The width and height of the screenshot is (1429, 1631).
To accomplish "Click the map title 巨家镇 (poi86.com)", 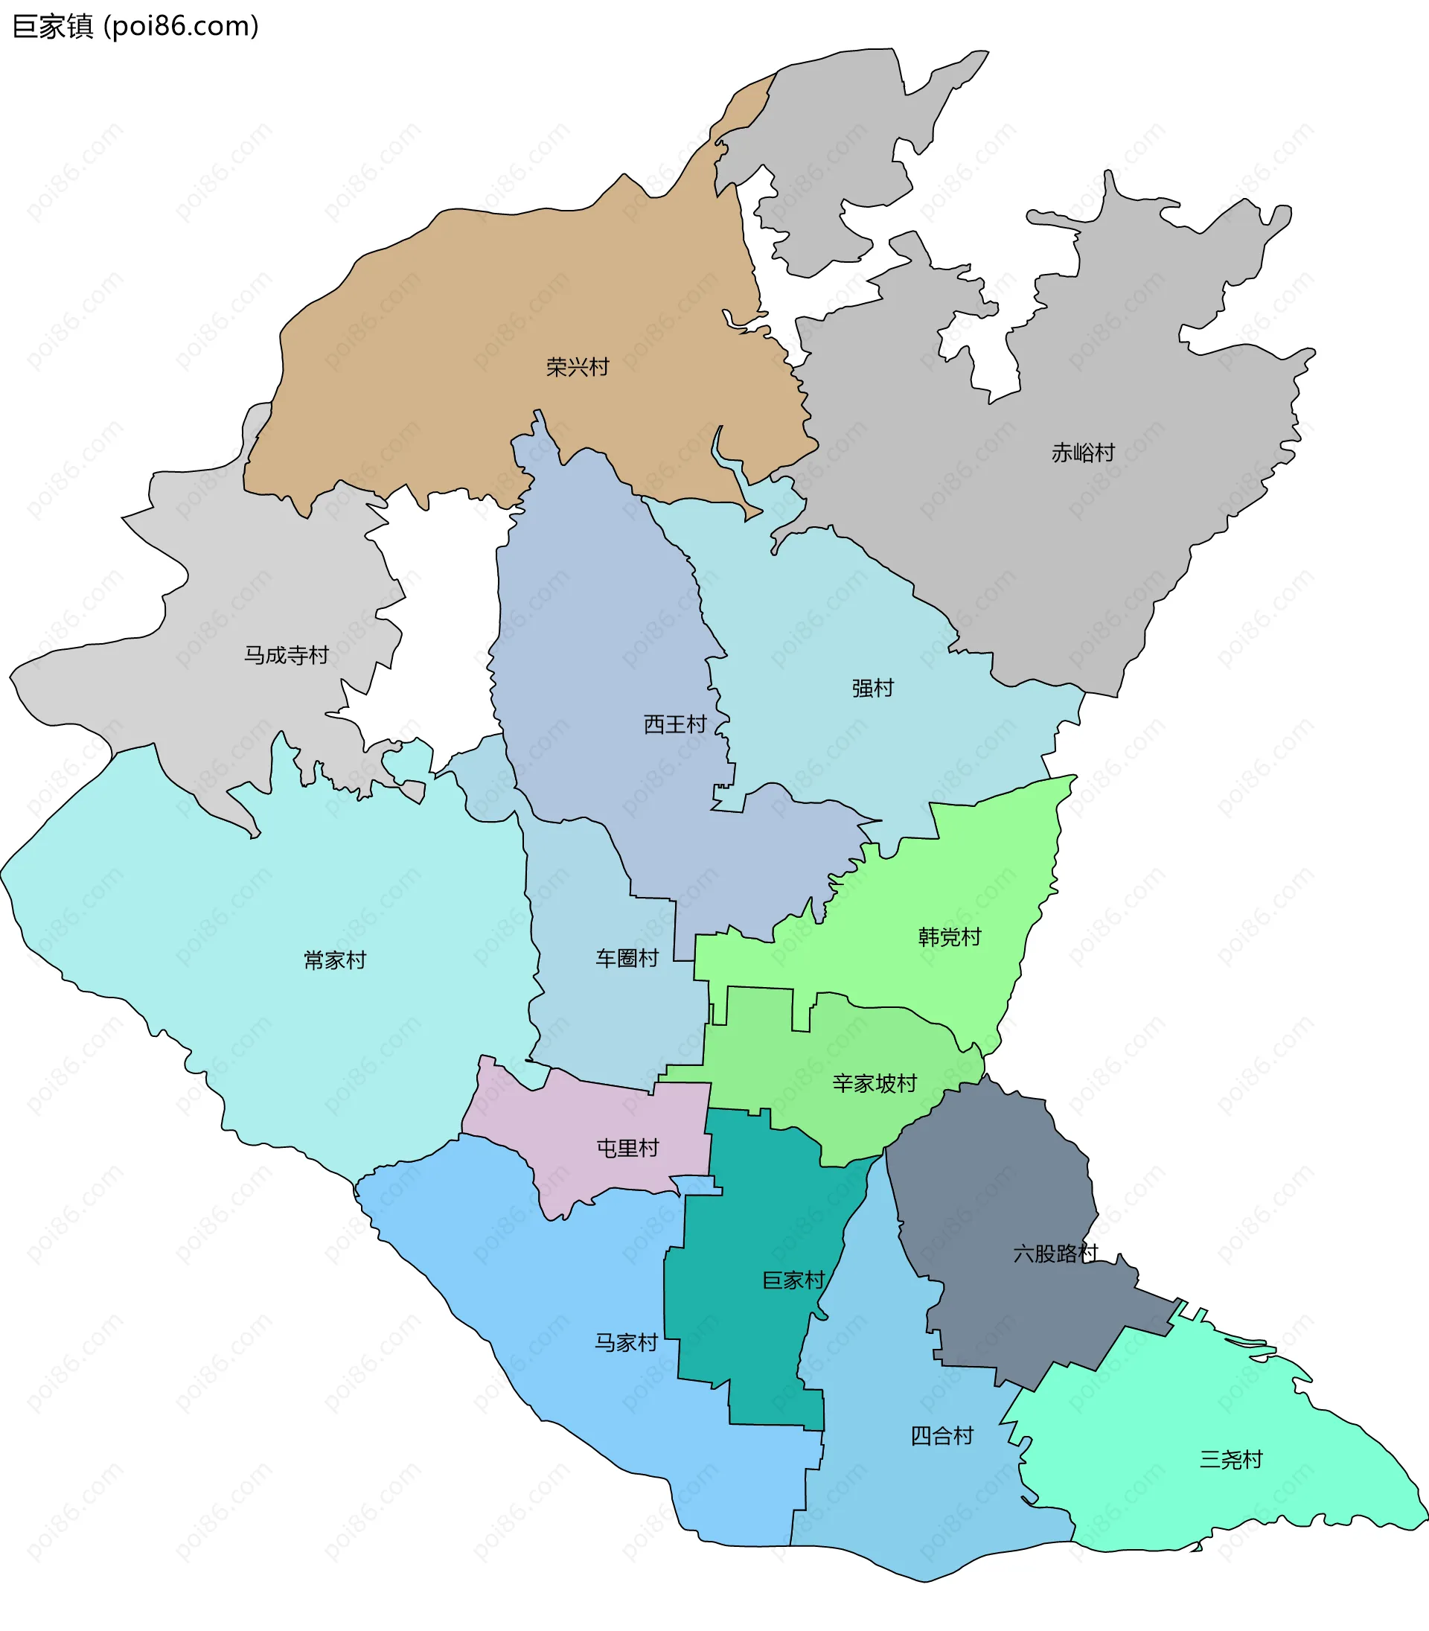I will tap(135, 26).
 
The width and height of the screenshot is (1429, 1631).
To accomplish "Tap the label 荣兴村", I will tap(578, 367).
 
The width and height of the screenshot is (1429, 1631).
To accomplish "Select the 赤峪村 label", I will tap(1082, 453).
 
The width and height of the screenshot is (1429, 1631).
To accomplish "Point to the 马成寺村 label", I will tap(287, 655).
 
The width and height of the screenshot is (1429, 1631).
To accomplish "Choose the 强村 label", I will tap(872, 688).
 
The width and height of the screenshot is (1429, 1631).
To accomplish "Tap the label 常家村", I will tap(335, 960).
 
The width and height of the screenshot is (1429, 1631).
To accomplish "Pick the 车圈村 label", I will tap(627, 958).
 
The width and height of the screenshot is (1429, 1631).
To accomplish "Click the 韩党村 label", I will tap(949, 936).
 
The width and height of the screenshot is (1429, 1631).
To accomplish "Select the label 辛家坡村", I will tap(874, 1083).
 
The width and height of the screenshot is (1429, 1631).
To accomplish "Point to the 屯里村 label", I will tap(627, 1148).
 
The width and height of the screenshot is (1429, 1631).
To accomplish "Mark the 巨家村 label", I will tap(793, 1280).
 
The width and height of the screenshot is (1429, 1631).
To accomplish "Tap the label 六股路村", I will tap(1055, 1254).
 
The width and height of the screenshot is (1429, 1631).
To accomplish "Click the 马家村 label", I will tap(626, 1342).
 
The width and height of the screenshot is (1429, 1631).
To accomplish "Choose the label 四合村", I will tap(942, 1436).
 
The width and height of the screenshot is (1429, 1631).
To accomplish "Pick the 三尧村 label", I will tap(1230, 1460).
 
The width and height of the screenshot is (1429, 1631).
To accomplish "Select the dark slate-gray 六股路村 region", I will tap(997, 1181).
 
